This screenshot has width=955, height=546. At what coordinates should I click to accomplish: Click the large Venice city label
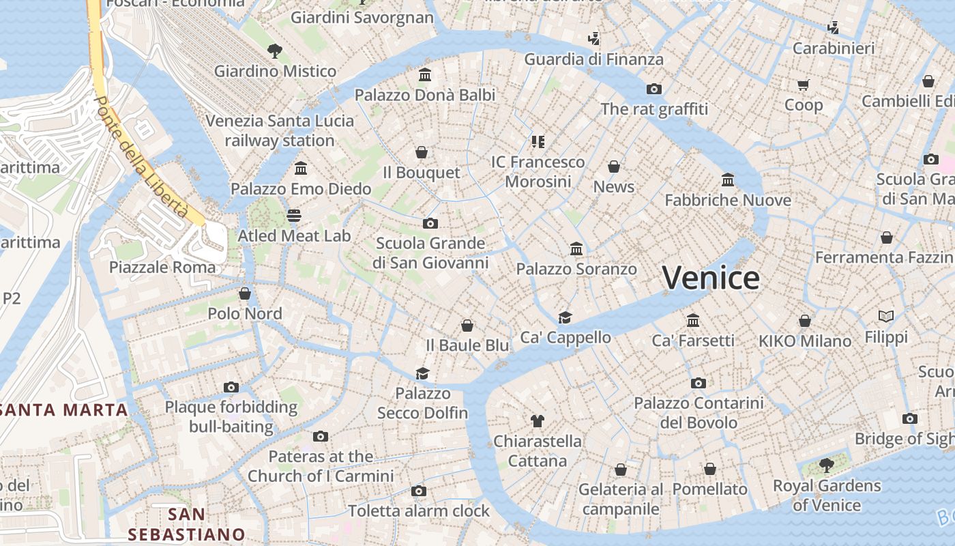pos(710,278)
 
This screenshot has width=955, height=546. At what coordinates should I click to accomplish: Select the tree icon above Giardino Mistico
pos(275,50)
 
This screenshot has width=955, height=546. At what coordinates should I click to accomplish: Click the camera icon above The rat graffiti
pos(654,89)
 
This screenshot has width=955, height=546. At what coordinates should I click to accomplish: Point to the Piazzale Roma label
pos(162,267)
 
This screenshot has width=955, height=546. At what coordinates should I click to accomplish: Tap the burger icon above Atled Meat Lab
pos(294,216)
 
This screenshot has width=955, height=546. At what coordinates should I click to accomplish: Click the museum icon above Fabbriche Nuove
pos(728,179)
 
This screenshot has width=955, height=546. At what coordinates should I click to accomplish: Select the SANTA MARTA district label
pos(64,410)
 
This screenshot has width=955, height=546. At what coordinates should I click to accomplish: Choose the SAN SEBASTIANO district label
pos(186,524)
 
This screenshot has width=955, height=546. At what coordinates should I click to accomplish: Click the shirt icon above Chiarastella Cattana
pos(538,420)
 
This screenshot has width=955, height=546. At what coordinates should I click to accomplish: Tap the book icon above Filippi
pos(886,317)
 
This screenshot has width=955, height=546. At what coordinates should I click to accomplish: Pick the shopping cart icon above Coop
pos(803,85)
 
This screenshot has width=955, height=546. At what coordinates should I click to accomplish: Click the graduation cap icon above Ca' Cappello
pos(565,317)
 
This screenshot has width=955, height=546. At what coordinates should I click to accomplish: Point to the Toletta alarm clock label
pos(419,511)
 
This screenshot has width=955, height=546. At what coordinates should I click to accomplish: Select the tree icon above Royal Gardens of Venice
pos(827,465)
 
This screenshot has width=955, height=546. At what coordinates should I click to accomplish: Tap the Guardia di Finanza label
pos(593,59)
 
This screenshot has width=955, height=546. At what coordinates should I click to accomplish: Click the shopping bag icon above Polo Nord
pos(245,293)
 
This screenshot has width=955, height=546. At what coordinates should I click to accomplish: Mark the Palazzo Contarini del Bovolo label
pos(699,413)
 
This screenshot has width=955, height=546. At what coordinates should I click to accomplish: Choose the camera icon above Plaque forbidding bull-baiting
pos(231,388)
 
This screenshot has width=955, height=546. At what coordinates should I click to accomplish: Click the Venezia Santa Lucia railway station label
pos(280,130)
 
